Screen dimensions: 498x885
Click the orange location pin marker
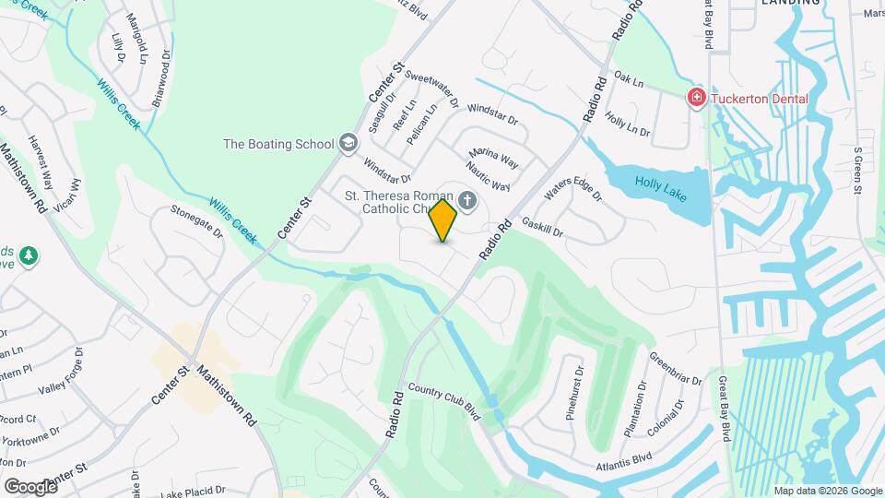(x=443, y=219)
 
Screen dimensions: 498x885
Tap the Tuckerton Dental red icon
(x=697, y=98)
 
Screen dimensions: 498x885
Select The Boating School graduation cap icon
(x=348, y=143)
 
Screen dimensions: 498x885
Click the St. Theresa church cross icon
(x=467, y=201)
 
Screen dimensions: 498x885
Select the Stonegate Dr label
(x=196, y=221)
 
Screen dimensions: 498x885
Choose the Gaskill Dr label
(x=542, y=229)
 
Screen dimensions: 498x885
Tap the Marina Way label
(x=493, y=158)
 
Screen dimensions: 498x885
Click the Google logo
(x=30, y=486)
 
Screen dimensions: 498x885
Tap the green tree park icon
(x=29, y=255)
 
